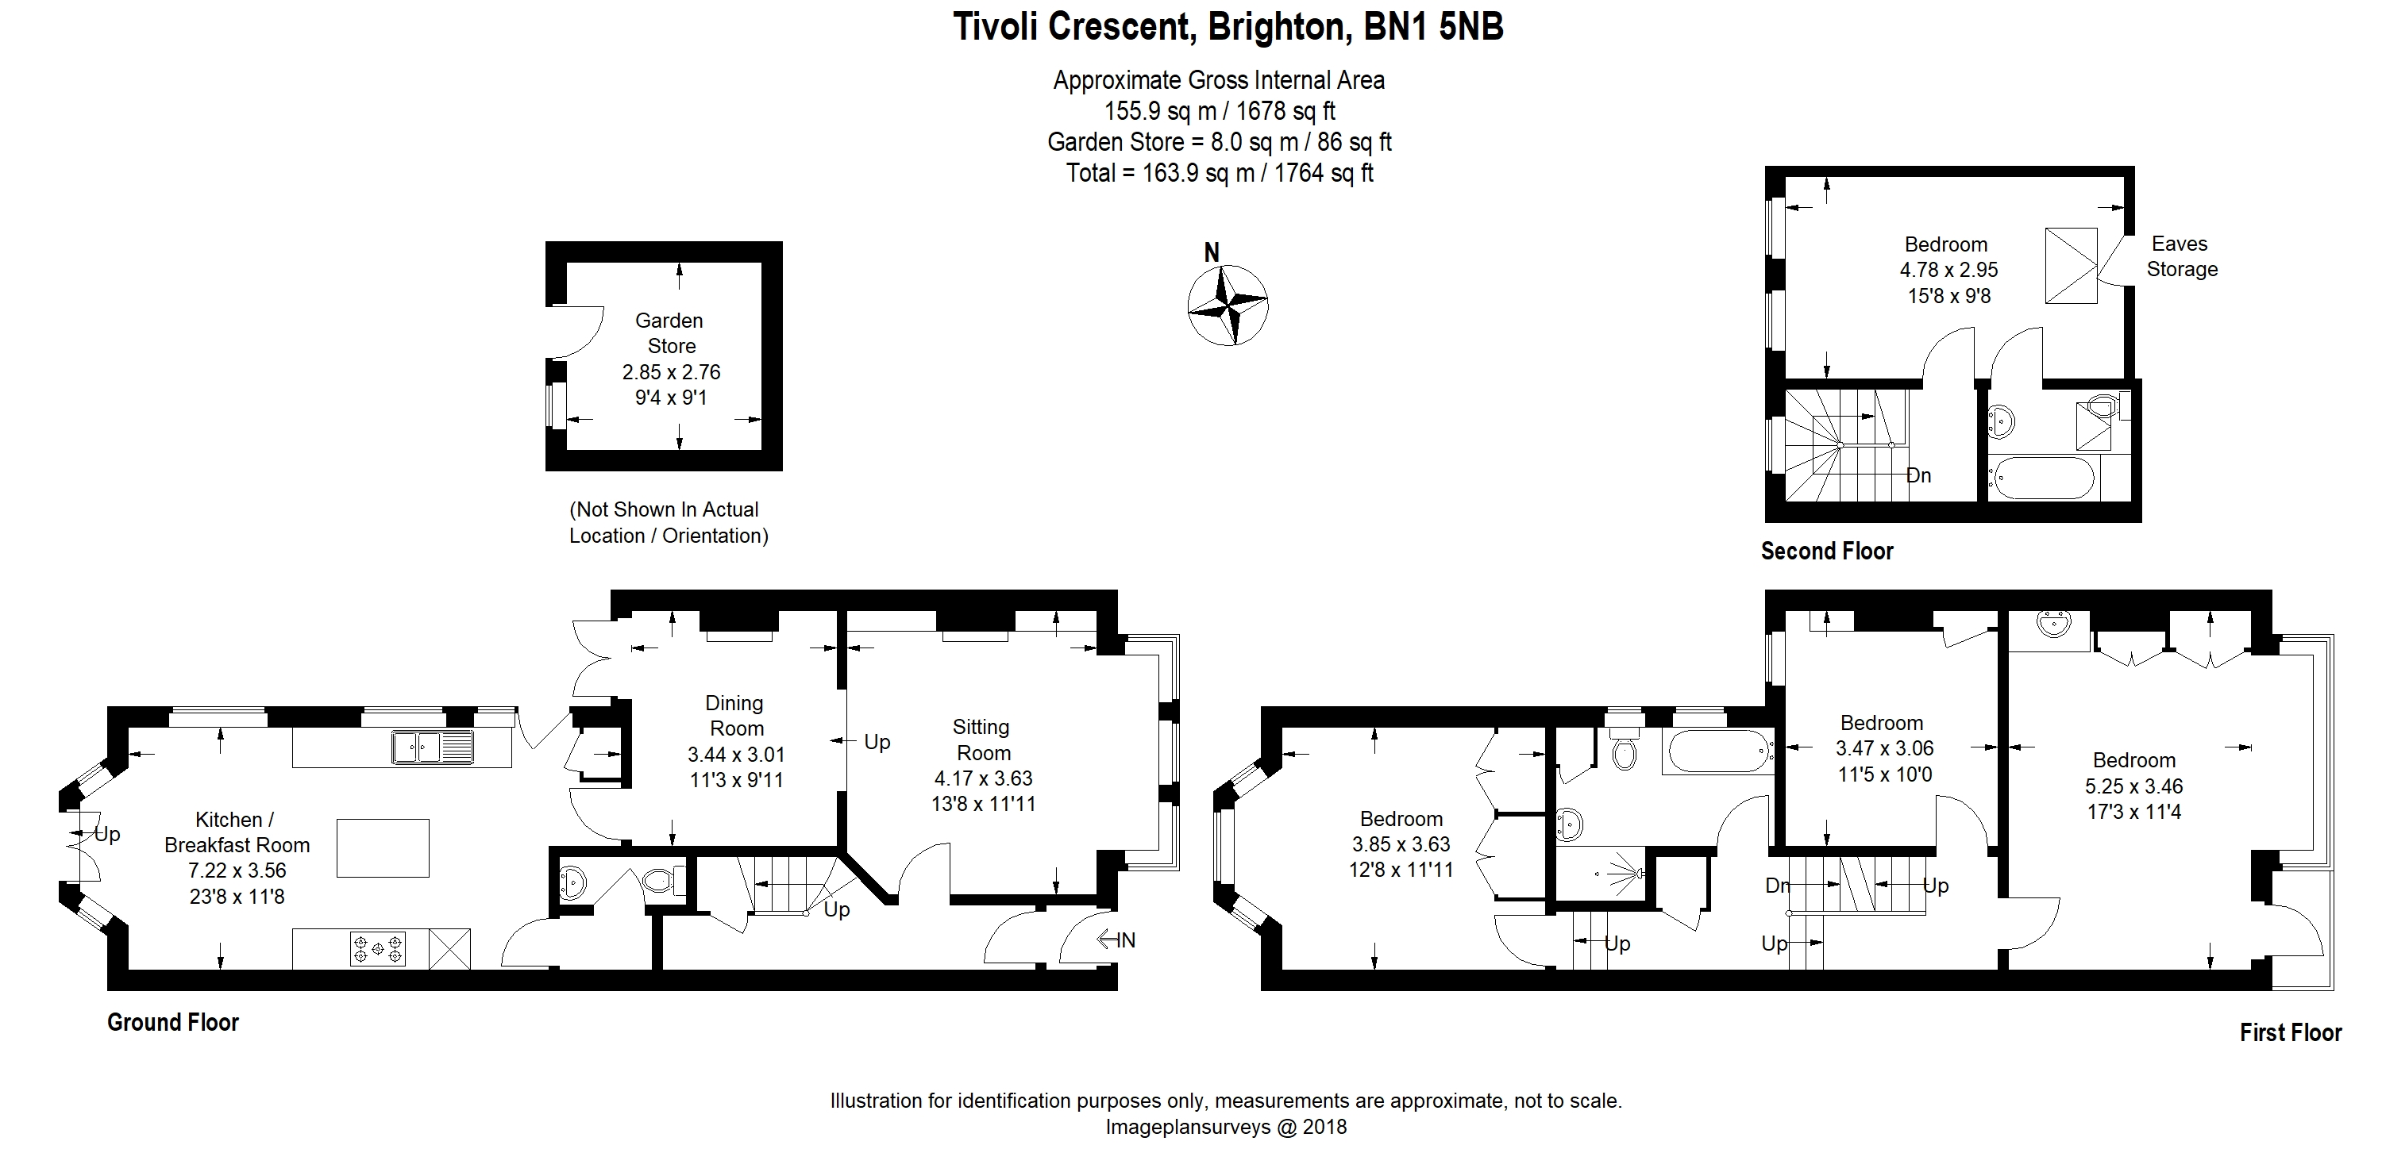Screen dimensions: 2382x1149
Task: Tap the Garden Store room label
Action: coord(669,332)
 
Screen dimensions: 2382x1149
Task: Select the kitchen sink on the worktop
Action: coord(432,746)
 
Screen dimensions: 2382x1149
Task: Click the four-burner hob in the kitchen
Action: coord(377,948)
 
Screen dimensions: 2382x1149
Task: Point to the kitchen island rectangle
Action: coord(383,847)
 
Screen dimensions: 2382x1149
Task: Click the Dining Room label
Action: coord(735,716)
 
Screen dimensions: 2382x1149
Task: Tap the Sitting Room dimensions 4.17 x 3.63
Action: coord(983,778)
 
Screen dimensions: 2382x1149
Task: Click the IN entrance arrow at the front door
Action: coord(1116,940)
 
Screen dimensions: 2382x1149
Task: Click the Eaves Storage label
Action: coord(2181,256)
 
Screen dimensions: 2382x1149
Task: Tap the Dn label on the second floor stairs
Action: coord(1919,475)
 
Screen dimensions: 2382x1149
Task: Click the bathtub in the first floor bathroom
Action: coord(1717,751)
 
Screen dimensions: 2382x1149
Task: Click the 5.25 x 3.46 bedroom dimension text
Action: coord(2133,786)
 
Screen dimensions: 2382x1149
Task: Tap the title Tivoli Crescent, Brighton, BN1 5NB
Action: coord(1228,27)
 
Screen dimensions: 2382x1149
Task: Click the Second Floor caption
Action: coord(1826,551)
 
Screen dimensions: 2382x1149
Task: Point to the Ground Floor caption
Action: coord(173,1021)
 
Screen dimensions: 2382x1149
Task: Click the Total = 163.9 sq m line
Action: coord(1219,173)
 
